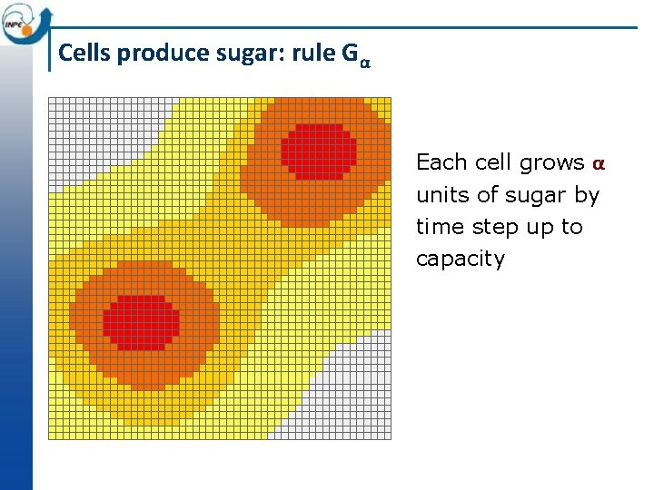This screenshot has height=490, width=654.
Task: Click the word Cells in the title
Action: (x=84, y=54)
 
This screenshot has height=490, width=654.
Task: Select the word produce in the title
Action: (x=153, y=54)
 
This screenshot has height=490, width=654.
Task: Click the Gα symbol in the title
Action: (x=356, y=54)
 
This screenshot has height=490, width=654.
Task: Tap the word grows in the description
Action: (x=552, y=163)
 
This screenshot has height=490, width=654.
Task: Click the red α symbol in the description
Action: (x=598, y=164)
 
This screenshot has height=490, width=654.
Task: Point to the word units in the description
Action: (x=440, y=195)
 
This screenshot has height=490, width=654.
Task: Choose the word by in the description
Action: (x=586, y=196)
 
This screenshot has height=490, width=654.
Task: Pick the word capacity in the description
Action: (x=460, y=260)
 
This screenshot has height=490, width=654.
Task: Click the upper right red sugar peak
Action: (x=318, y=151)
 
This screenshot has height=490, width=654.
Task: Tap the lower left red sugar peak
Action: (x=141, y=322)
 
